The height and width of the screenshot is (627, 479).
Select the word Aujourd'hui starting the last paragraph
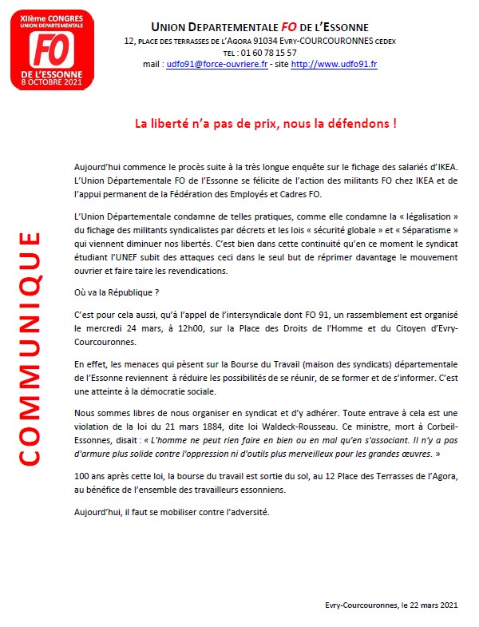coord(101,511)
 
